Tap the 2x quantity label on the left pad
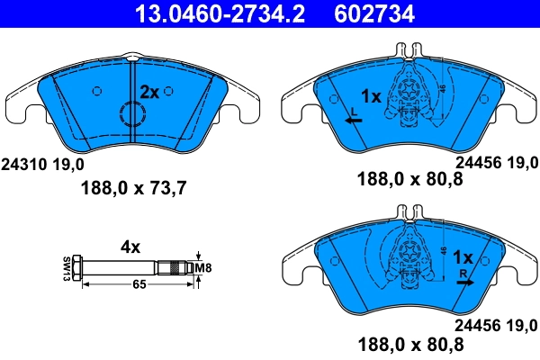pyautogui.click(x=149, y=92)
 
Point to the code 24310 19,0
pyautogui.click(x=43, y=165)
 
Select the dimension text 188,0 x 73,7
pyautogui.click(x=134, y=188)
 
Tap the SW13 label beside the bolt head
pyautogui.click(x=67, y=267)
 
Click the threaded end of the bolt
pyautogui.click(x=174, y=267)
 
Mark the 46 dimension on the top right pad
pyautogui.click(x=444, y=91)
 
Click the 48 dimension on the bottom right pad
pyautogui.click(x=444, y=255)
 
